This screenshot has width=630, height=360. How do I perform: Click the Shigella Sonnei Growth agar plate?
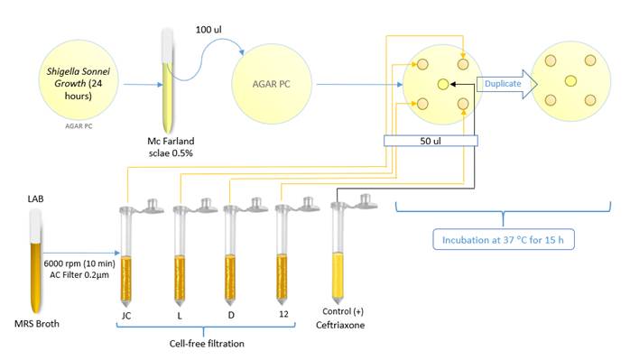pos(79,79)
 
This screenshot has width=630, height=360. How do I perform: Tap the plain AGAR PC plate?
pos(272,84)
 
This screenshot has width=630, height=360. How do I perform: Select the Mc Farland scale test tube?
pos(168,80)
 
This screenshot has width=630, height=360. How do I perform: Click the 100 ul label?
pos(208,30)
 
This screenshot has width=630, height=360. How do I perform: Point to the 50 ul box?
pos(431,141)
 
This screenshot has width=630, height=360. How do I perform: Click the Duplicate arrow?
pos(507,84)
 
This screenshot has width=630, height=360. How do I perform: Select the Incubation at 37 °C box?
pos(503,239)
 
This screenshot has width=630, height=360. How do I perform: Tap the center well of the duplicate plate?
pos(570,81)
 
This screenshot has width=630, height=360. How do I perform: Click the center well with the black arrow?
pos(443,84)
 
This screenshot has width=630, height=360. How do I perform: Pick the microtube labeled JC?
pos(126,254)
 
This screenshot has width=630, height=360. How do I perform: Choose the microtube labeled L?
pos(180,254)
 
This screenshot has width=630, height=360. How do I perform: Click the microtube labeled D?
pos(230,254)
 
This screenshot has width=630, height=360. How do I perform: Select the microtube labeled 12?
pos(282,253)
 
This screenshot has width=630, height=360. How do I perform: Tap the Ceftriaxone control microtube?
pos(338,250)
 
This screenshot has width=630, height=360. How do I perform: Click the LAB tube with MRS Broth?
pos(36,261)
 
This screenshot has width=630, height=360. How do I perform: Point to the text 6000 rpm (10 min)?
pos(79,263)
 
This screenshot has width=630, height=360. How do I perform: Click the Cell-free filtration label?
pos(207,344)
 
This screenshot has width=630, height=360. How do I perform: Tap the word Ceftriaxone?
pos(340,325)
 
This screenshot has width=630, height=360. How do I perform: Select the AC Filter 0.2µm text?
pos(79,275)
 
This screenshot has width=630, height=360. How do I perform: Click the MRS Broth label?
pos(37,324)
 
